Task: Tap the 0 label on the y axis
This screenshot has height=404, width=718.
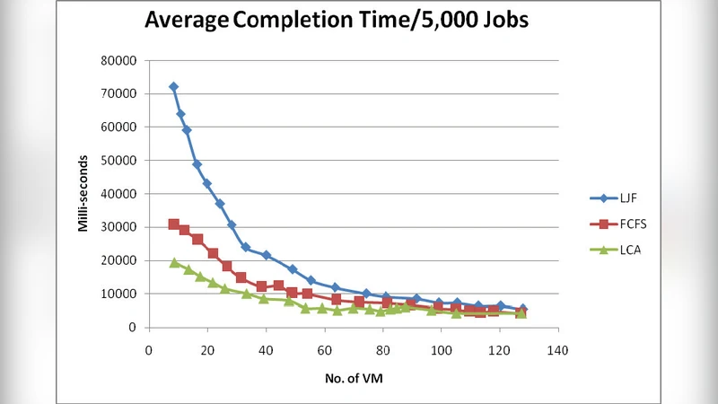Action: coord(132,328)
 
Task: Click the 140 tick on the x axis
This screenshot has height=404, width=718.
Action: coord(558,351)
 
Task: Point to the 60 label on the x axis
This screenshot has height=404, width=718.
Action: coord(324,351)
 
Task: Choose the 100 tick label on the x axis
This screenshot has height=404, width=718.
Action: coord(442,351)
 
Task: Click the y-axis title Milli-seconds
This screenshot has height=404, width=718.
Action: coord(83,194)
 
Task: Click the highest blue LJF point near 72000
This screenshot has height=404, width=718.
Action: coord(173,87)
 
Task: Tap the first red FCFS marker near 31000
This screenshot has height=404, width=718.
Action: coord(173,224)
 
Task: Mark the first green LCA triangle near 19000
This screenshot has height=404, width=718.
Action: coord(174,262)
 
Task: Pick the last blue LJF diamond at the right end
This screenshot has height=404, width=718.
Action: coord(522,309)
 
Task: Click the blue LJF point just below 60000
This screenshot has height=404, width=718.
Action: coord(187,130)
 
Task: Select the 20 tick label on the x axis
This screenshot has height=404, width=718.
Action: coord(207,351)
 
